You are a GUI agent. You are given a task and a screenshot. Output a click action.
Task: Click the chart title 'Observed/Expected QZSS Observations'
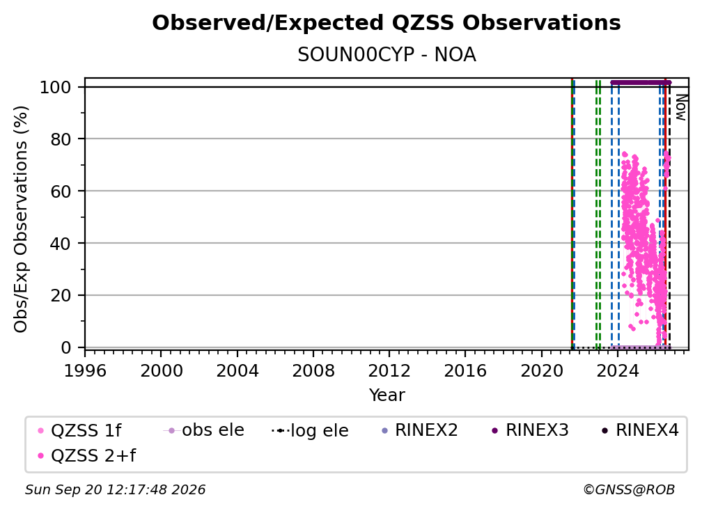pos(387,23)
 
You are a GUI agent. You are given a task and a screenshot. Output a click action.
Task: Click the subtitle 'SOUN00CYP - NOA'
pos(387,55)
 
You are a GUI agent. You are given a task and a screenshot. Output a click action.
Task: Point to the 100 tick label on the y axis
pos(56,87)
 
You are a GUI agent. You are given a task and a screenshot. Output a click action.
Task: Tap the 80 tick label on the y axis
pos(61,139)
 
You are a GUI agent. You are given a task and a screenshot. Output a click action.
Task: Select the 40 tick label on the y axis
pos(61,244)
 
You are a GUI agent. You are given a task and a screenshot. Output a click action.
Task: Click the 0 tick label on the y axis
pos(66,347)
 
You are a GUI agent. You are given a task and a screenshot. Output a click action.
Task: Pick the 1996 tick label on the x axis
pos(85,371)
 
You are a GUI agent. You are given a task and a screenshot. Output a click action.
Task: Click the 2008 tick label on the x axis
pos(313,371)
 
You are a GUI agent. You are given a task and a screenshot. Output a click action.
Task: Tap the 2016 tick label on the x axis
pos(465,371)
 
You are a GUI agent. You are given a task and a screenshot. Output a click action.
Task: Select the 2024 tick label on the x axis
pos(617,371)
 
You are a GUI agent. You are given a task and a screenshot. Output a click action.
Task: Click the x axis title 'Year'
pos(387,395)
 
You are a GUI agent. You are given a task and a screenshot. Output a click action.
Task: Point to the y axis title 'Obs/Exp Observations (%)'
pos(21,219)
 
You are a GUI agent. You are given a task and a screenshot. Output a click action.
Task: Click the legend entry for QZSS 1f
pos(79,430)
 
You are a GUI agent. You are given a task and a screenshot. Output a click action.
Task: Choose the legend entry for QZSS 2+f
pos(86,455)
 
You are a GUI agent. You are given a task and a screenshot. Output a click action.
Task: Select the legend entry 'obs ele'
pos(203,430)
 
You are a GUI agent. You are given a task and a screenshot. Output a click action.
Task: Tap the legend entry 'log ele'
pos(310,430)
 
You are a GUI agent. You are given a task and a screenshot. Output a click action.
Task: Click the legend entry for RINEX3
pos(529,430)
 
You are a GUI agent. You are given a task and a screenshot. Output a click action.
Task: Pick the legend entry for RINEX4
pos(640,430)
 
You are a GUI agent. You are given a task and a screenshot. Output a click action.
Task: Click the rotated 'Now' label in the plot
pos(680,107)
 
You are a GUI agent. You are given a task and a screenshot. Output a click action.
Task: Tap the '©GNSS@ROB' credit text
pos(629,489)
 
